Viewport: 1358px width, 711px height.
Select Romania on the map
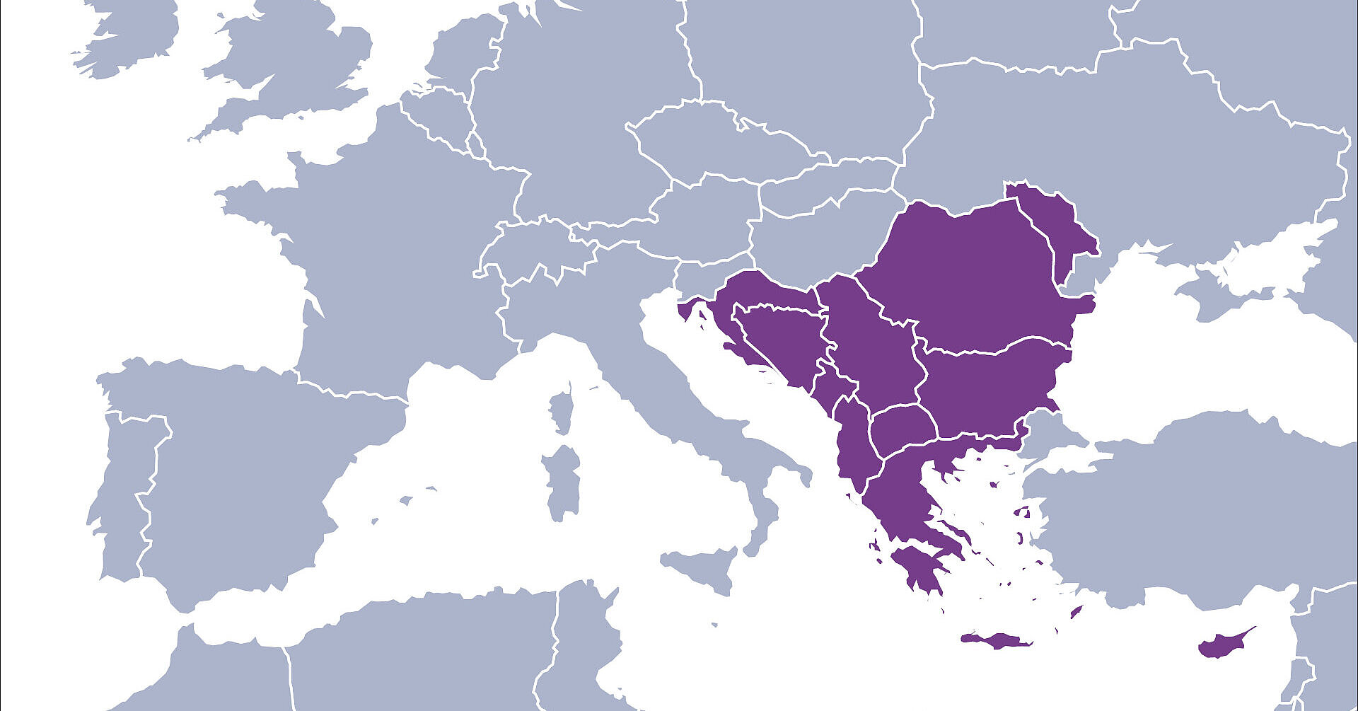click(976, 276)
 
